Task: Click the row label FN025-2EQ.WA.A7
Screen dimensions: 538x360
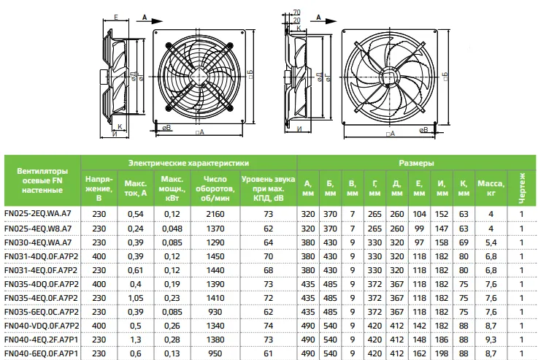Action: click(38, 213)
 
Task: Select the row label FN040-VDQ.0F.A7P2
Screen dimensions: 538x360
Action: click(42, 326)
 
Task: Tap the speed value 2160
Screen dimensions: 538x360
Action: click(215, 214)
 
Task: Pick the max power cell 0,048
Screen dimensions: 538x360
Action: click(172, 229)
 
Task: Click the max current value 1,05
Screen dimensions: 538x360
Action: click(136, 298)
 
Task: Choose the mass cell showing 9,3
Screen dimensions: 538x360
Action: click(491, 340)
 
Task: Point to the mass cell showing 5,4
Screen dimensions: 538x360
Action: click(491, 242)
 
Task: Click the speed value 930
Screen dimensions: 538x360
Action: click(215, 312)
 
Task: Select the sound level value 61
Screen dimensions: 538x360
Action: click(269, 353)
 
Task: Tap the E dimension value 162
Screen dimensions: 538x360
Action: click(419, 353)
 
